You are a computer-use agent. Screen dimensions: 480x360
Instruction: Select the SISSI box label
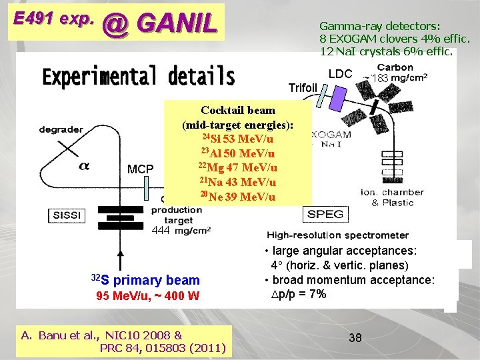click(x=67, y=215)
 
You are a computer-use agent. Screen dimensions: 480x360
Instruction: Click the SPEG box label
click(x=325, y=214)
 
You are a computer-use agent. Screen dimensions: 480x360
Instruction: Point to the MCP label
click(x=140, y=169)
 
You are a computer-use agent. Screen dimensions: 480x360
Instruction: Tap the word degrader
click(x=62, y=129)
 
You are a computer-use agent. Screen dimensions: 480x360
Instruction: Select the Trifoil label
click(x=303, y=87)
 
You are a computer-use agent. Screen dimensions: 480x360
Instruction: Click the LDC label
click(x=340, y=74)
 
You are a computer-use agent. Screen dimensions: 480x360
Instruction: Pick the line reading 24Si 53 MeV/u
click(x=237, y=139)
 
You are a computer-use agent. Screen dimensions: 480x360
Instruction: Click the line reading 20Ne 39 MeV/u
click(x=237, y=196)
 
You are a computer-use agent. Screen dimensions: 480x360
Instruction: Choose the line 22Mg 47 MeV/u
click(x=237, y=167)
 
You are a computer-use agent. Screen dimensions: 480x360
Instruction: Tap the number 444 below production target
click(x=161, y=231)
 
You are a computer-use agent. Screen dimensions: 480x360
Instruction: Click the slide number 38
click(x=355, y=338)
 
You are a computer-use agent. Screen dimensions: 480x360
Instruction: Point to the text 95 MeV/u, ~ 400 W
click(x=148, y=295)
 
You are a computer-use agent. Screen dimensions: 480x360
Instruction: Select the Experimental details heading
click(x=138, y=77)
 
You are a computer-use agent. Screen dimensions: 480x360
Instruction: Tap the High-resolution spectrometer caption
click(x=338, y=235)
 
